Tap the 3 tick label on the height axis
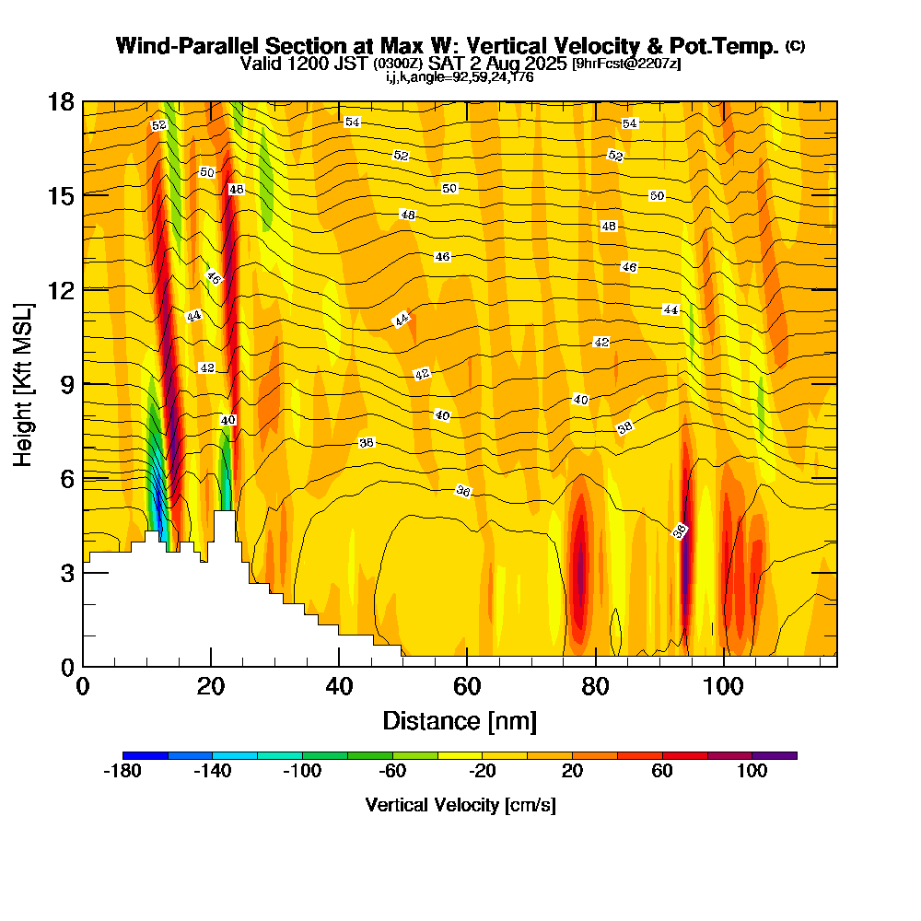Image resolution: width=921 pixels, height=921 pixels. pyautogui.click(x=67, y=572)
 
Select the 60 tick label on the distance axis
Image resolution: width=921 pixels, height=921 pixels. pyautogui.click(x=468, y=686)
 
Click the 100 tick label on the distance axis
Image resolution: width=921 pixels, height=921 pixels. pyautogui.click(x=724, y=686)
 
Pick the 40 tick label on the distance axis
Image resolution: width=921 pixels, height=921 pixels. pyautogui.click(x=340, y=686)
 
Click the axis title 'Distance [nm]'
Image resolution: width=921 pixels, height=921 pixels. pyautogui.click(x=460, y=720)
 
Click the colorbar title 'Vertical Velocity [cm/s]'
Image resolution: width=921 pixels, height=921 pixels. pyautogui.click(x=460, y=805)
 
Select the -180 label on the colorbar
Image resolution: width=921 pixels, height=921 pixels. pyautogui.click(x=122, y=772)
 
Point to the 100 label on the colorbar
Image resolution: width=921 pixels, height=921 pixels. pyautogui.click(x=752, y=772)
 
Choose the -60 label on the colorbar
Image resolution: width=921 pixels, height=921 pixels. pyautogui.click(x=392, y=772)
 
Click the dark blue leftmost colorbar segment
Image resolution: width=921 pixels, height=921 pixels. pyautogui.click(x=146, y=755)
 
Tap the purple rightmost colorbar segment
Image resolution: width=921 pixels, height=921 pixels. pyautogui.click(x=775, y=755)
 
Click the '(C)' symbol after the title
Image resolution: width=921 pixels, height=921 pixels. pyautogui.click(x=795, y=45)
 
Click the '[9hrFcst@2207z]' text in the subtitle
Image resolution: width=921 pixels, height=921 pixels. pyautogui.click(x=626, y=64)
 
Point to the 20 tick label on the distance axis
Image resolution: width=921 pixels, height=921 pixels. pyautogui.click(x=211, y=686)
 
